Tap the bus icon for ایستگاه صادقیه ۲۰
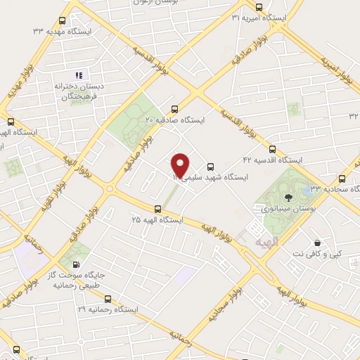coord(174,109)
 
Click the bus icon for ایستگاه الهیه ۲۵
coord(157,207)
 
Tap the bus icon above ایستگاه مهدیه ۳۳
coord(62,20)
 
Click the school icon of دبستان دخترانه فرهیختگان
coord(79,75)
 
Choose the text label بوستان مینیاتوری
coord(289,209)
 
